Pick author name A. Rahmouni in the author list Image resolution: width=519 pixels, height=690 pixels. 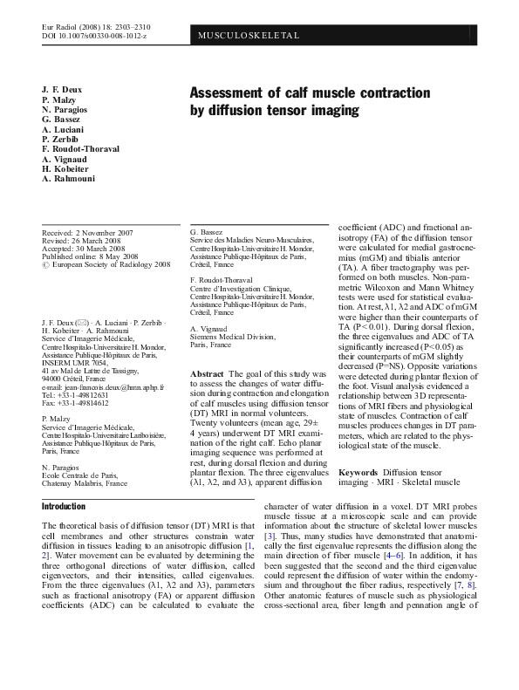(x=71, y=178)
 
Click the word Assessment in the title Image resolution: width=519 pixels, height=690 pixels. (x=229, y=92)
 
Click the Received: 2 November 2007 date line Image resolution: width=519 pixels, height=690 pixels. (x=88, y=233)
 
